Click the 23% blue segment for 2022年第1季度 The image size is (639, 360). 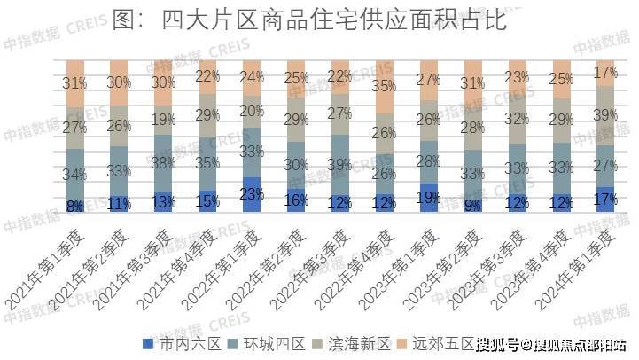tap(252, 194)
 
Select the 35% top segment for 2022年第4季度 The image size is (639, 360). tap(385, 86)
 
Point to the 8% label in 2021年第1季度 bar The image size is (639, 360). tap(74, 207)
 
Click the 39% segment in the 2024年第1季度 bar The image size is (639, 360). tap(606, 115)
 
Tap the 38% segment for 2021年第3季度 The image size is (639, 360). tap(163, 163)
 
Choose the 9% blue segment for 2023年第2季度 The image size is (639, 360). tap(473, 206)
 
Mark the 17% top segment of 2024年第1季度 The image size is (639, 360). tap(606, 73)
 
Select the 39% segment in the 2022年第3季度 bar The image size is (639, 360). tap(340, 165)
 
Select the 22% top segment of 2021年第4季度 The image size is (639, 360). tap(207, 76)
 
